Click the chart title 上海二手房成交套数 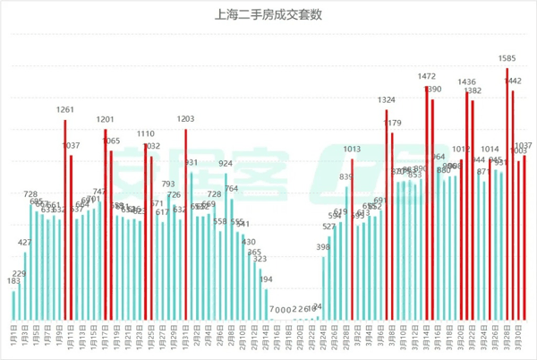point(268,14)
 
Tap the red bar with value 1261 point(65,219)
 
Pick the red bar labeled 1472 point(426,202)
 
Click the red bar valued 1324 point(387,215)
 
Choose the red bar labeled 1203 point(186,224)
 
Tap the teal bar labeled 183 point(13,304)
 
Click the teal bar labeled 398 point(323,287)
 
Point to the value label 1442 point(514,81)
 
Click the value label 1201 point(106,119)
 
